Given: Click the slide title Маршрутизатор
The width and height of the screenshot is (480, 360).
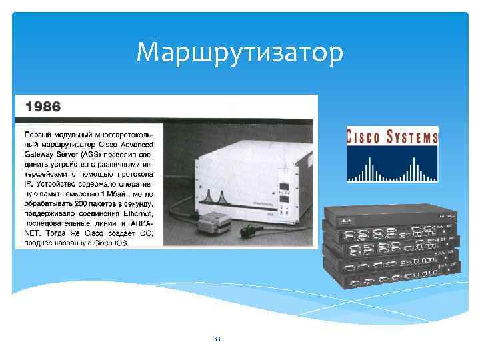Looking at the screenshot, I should pyautogui.click(x=240, y=51).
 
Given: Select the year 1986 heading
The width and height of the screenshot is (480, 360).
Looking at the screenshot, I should pyautogui.click(x=43, y=106).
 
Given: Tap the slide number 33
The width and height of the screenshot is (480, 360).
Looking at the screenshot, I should pyautogui.click(x=217, y=339).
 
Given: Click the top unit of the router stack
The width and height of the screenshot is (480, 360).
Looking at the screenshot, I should pyautogui.click(x=390, y=213).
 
